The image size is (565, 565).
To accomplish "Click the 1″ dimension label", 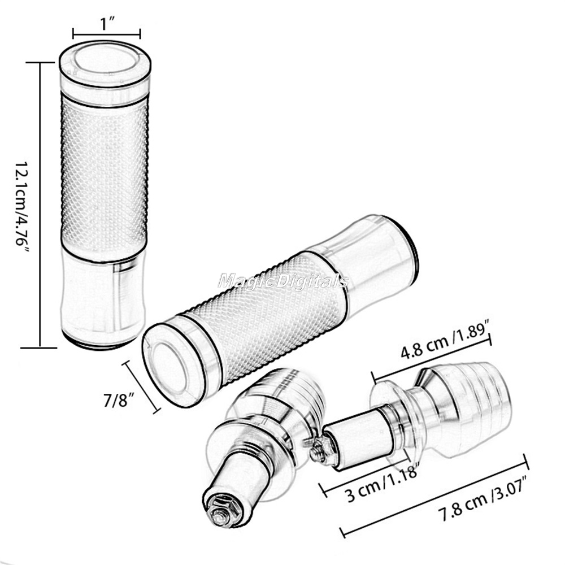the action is coord(107,24).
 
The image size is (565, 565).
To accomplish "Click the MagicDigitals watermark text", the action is coord(283,281).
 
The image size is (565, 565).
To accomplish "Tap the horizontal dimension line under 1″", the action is coord(107,35).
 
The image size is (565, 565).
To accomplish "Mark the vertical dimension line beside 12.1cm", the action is coord(40,205).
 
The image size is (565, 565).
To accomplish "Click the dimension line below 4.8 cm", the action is coord(432,358).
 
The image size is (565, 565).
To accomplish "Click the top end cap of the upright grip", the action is coord(105,67).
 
